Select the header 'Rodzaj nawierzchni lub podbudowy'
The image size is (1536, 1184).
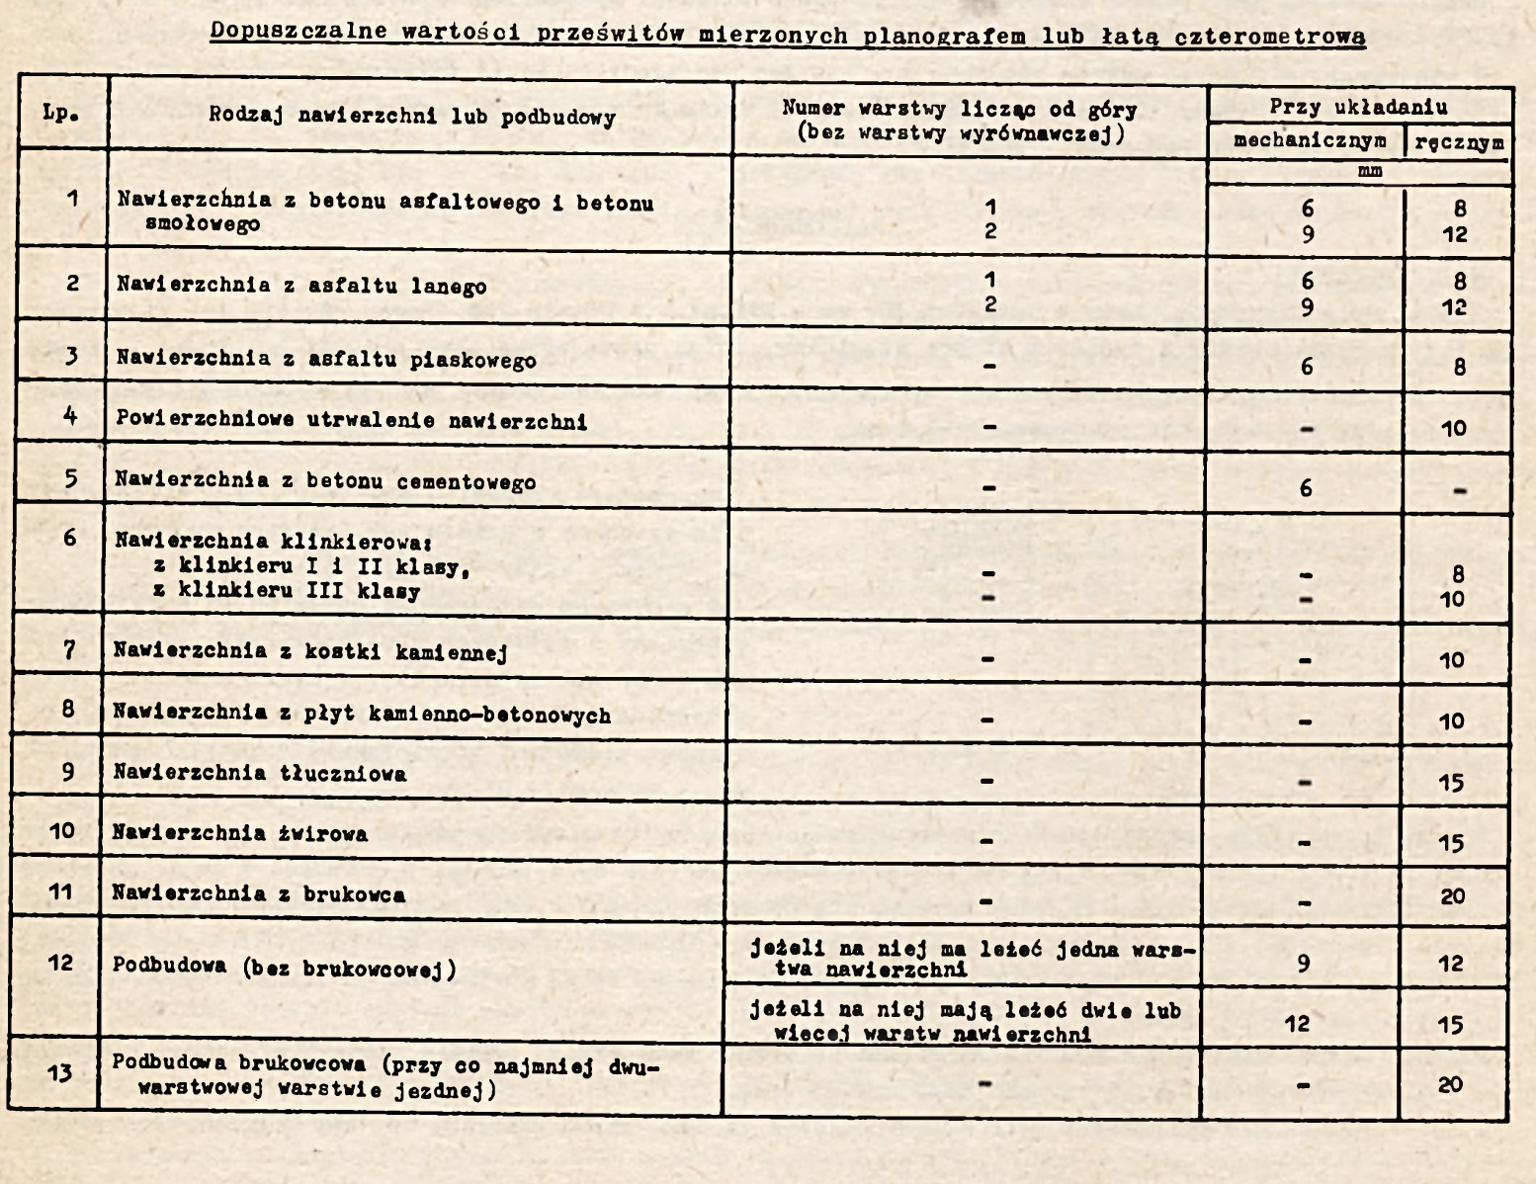[412, 117]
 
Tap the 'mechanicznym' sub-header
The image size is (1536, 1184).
[1310, 141]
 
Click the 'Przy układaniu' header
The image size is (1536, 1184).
[1359, 107]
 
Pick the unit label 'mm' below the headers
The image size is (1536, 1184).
[1370, 171]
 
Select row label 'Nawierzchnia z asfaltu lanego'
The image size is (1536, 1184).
[301, 287]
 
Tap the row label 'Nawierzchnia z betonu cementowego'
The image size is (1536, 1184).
[325, 481]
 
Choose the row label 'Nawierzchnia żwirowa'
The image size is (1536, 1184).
[240, 833]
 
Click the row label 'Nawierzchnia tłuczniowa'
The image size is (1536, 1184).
[259, 773]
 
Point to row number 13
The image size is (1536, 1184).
[59, 1072]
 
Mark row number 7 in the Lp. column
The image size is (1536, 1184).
[68, 650]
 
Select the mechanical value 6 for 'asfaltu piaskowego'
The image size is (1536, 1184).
[1307, 367]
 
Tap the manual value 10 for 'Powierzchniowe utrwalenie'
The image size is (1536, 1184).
[1452, 429]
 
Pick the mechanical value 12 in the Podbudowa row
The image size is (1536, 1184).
[1298, 1024]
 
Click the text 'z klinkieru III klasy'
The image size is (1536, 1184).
[287, 592]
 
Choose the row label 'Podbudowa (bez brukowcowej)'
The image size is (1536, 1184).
[285, 967]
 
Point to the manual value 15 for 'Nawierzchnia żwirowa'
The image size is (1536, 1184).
[1451, 843]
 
